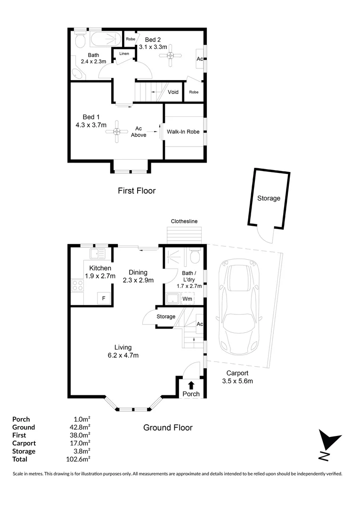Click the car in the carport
pyautogui.click(x=239, y=307)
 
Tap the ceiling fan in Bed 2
pyautogui.click(x=170, y=56)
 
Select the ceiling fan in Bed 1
pyautogui.click(x=117, y=132)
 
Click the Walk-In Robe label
pyautogui.click(x=183, y=131)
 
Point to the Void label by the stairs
pyautogui.click(x=173, y=92)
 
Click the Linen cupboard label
pyautogui.click(x=124, y=54)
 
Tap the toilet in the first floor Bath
pyautogui.click(x=80, y=39)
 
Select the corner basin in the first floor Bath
pyautogui.click(x=78, y=74)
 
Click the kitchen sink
pyautogui.click(x=98, y=253)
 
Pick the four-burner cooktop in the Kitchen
pyautogui.click(x=78, y=285)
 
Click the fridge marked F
pyautogui.click(x=104, y=298)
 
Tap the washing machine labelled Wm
pyautogui.click(x=188, y=299)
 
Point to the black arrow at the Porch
pyautogui.click(x=191, y=385)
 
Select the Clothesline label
pyautogui.click(x=184, y=221)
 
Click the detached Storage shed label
pyautogui.click(x=269, y=198)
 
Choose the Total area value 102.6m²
pyautogui.click(x=78, y=459)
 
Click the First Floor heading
pyautogui.click(x=137, y=190)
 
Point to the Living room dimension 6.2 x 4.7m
pyautogui.click(x=123, y=355)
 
